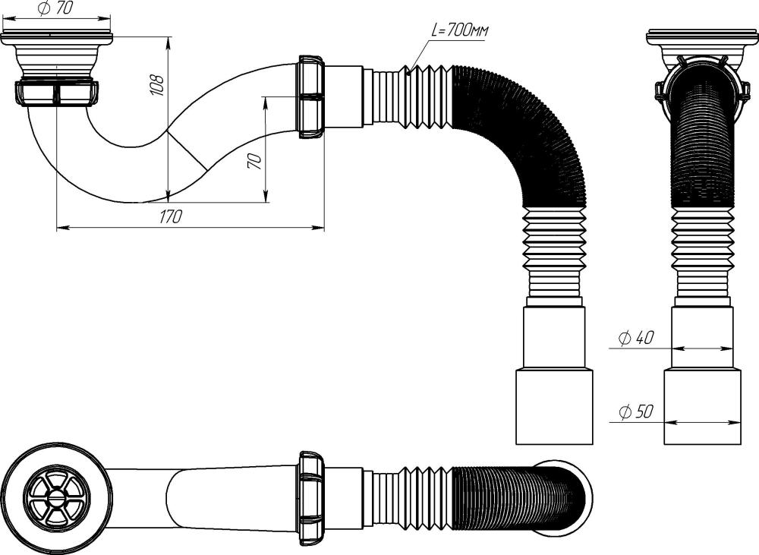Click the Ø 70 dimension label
click(52, 9)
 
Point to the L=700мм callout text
click(460, 30)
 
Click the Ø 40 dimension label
click(636, 338)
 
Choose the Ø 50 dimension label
click(636, 412)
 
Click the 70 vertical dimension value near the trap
click(256, 159)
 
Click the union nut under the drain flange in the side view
click(57, 93)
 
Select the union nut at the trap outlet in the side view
click(310, 97)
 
